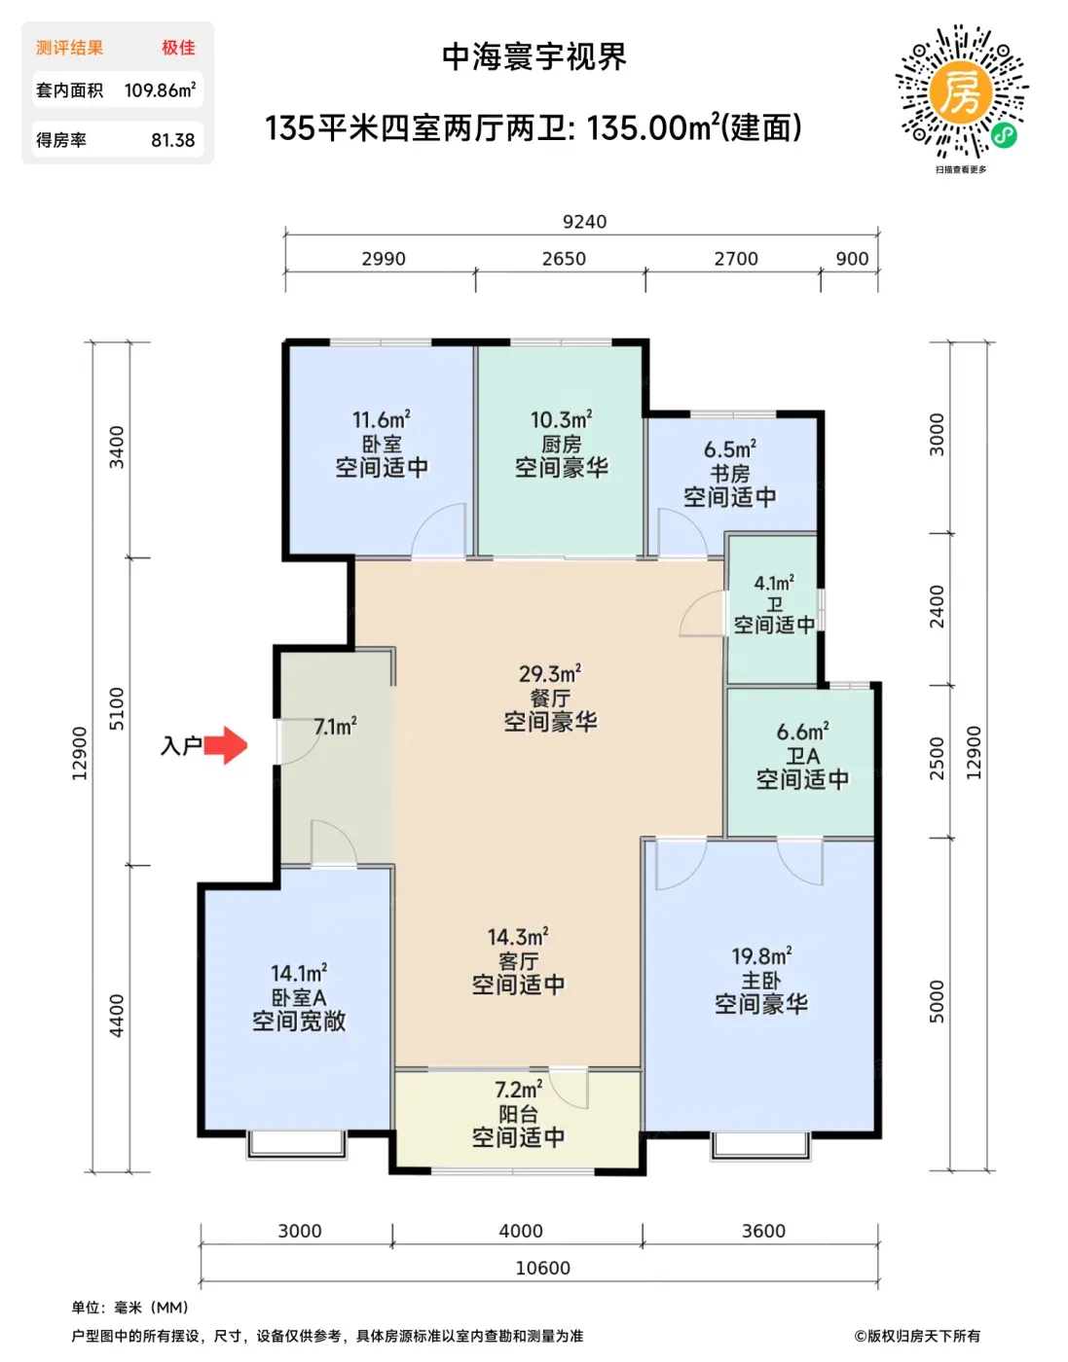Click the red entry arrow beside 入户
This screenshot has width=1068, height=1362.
tap(226, 745)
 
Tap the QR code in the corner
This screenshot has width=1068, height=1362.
tap(961, 92)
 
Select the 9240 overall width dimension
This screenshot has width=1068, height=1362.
tap(584, 222)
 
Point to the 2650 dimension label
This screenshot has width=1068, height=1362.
tap(564, 259)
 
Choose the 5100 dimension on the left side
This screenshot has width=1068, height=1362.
tap(117, 708)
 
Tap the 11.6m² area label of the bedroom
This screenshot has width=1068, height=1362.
tap(382, 419)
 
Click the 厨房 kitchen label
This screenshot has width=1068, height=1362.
tap(562, 445)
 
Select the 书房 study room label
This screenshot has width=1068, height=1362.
tap(730, 474)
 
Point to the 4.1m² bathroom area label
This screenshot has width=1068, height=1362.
tap(774, 584)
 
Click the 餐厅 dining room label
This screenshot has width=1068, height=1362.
tap(550, 699)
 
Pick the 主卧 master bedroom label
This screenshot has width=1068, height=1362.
tap(760, 981)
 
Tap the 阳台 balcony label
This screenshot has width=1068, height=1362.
tap(519, 1114)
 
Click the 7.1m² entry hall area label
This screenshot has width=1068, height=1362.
tap(336, 727)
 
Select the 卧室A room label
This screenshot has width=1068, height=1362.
tap(299, 997)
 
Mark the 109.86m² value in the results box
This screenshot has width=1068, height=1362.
tap(160, 90)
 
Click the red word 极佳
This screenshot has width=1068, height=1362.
tap(179, 48)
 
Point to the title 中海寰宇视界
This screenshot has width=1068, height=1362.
tap(534, 57)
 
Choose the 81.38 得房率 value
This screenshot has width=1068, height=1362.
tap(173, 140)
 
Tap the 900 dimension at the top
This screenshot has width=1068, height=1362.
tap(852, 259)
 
